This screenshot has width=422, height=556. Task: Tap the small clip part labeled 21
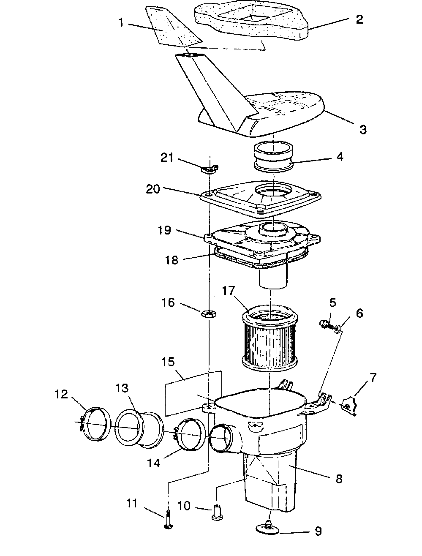pyautogui.click(x=209, y=169)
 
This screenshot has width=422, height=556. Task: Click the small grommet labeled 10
pyautogui.click(x=217, y=512)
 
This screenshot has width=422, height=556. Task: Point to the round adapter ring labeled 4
pyautogui.click(x=274, y=156)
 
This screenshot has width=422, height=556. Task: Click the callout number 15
pyautogui.click(x=169, y=363)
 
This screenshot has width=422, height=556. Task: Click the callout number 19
pyautogui.click(x=164, y=230)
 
